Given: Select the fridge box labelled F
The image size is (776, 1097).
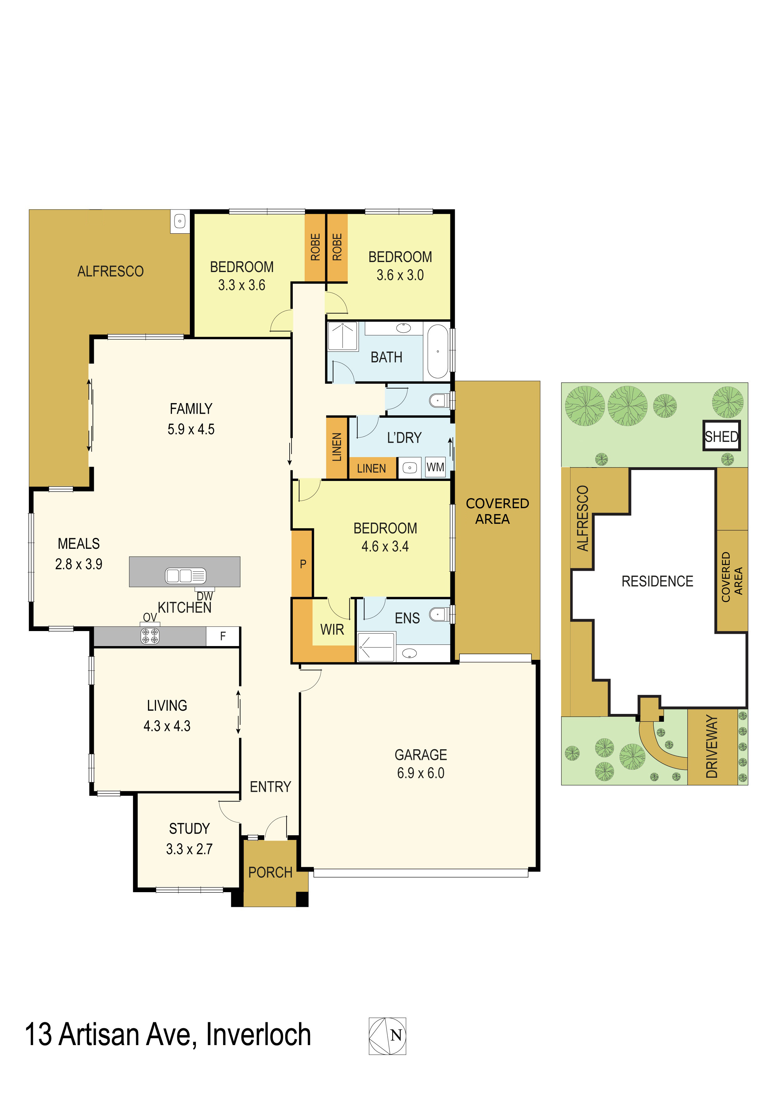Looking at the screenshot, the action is pyautogui.click(x=223, y=636).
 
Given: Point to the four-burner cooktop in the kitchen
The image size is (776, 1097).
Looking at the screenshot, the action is pyautogui.click(x=150, y=636).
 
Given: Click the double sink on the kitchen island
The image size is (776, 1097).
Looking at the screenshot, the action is pyautogui.click(x=185, y=576).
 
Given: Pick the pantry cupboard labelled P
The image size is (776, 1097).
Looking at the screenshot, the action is pyautogui.click(x=302, y=564).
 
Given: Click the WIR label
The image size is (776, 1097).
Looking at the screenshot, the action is pyautogui.click(x=332, y=630).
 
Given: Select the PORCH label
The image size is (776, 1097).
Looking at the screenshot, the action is pyautogui.click(x=271, y=872).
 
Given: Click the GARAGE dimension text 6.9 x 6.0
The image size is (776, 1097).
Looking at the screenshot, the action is pyautogui.click(x=420, y=773).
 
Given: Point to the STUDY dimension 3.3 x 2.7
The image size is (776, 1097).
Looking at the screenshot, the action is pyautogui.click(x=189, y=849).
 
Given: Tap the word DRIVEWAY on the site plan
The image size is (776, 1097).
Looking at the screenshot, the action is pyautogui.click(x=712, y=746).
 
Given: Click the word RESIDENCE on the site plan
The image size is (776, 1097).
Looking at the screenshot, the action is pyautogui.click(x=657, y=581).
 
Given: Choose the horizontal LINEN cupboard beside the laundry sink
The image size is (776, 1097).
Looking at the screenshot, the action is pyautogui.click(x=372, y=468).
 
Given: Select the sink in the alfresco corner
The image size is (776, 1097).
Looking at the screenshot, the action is pyautogui.click(x=180, y=221).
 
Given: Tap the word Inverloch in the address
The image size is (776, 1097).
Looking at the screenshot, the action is pyautogui.click(x=258, y=1035).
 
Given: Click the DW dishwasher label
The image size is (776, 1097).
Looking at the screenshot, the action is pyautogui.click(x=205, y=596).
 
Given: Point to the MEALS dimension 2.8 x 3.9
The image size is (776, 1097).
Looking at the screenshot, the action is pyautogui.click(x=79, y=564).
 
